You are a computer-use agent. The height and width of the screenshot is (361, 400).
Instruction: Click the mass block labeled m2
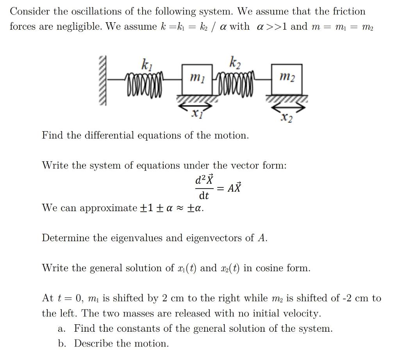point(287,78)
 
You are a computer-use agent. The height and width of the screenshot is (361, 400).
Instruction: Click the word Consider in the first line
point(30,11)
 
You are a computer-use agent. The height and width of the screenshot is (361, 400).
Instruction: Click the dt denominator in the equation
point(204,195)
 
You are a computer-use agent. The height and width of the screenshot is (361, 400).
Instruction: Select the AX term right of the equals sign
point(235,188)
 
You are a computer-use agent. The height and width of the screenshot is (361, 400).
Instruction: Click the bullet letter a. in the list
point(61,329)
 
